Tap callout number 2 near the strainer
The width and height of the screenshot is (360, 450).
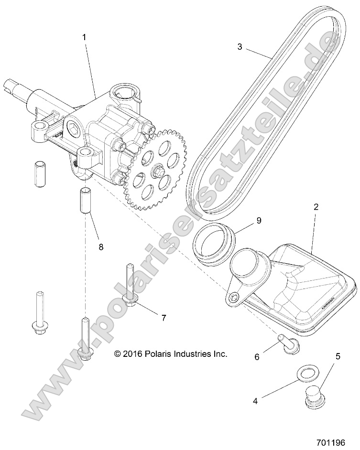316,207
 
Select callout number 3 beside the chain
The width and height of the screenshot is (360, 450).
240,47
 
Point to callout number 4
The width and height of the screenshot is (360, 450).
255,401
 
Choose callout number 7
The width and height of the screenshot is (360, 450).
164,317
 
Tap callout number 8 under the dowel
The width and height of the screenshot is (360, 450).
100,247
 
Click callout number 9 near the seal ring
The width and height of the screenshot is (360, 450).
259,220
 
